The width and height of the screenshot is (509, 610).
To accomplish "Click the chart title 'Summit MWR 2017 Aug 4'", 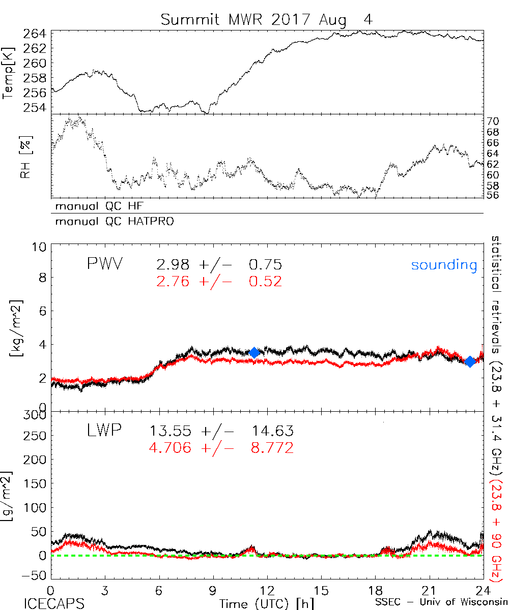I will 267,20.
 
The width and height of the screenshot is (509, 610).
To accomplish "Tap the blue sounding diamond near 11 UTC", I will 254,353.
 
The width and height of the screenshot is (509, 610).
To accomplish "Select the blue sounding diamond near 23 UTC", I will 470,361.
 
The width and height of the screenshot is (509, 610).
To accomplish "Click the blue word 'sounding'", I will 444,265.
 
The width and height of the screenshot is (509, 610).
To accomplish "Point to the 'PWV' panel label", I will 104,264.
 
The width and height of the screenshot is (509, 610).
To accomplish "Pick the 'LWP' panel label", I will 103,432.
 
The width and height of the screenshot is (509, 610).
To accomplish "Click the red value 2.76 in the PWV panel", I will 170,281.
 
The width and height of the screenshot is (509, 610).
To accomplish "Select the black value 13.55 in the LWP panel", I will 171,432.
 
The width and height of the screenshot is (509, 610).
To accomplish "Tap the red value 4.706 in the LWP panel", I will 171,448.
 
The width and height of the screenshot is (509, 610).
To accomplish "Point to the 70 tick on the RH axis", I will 494,121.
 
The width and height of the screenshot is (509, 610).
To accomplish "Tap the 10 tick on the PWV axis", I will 41,247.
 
